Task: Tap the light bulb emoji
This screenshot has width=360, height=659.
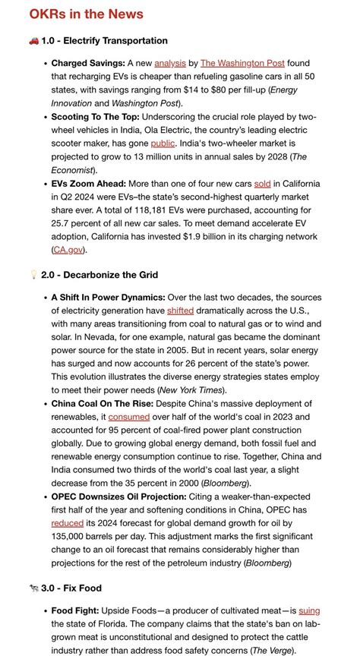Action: pyautogui.click(x=33, y=274)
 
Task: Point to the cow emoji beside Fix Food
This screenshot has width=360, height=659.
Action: pyautogui.click(x=33, y=588)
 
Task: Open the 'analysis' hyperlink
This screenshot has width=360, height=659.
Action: pyautogui.click(x=169, y=63)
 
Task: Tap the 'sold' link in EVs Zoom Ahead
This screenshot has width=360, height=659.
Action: pyautogui.click(x=263, y=184)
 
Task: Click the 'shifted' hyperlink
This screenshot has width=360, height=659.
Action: pyautogui.click(x=180, y=311)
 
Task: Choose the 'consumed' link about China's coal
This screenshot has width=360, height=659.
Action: pyautogui.click(x=129, y=417)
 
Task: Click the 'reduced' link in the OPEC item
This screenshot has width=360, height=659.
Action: pyautogui.click(x=67, y=523)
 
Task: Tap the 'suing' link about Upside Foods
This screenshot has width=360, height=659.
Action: pyautogui.click(x=309, y=610)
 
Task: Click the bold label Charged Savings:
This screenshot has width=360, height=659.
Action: pyautogui.click(x=87, y=63)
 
